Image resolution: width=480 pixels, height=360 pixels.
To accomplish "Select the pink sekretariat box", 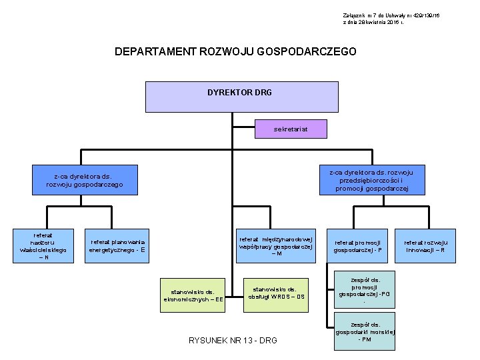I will click(x=281, y=129).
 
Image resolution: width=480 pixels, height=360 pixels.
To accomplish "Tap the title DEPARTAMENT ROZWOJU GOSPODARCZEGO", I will click(x=235, y=51).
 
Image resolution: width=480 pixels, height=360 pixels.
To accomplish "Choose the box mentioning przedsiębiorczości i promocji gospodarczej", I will click(x=371, y=180).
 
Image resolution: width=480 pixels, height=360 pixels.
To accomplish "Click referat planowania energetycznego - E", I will click(x=117, y=246).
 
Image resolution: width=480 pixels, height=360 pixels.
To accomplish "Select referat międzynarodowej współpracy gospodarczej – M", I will click(x=276, y=246).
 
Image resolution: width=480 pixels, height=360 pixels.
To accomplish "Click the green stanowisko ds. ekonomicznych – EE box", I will click(x=193, y=295).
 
